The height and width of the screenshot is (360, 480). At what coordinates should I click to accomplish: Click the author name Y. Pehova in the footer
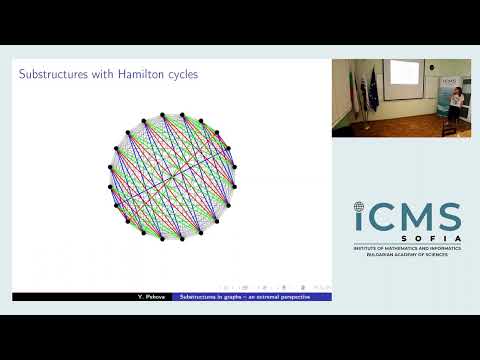pos(151,297)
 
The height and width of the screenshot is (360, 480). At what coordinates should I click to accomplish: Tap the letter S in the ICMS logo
pos(446,217)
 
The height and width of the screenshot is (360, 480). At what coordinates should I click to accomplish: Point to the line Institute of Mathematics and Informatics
pos(407,248)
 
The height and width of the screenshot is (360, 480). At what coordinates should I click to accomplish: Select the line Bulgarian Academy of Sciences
pos(407,255)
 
